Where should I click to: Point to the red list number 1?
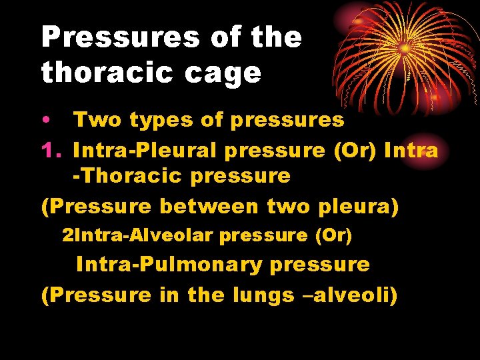pyautogui.click(x=51, y=151)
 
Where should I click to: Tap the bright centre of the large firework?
pyautogui.click(x=405, y=49)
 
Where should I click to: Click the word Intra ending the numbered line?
pyautogui.click(x=411, y=151)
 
